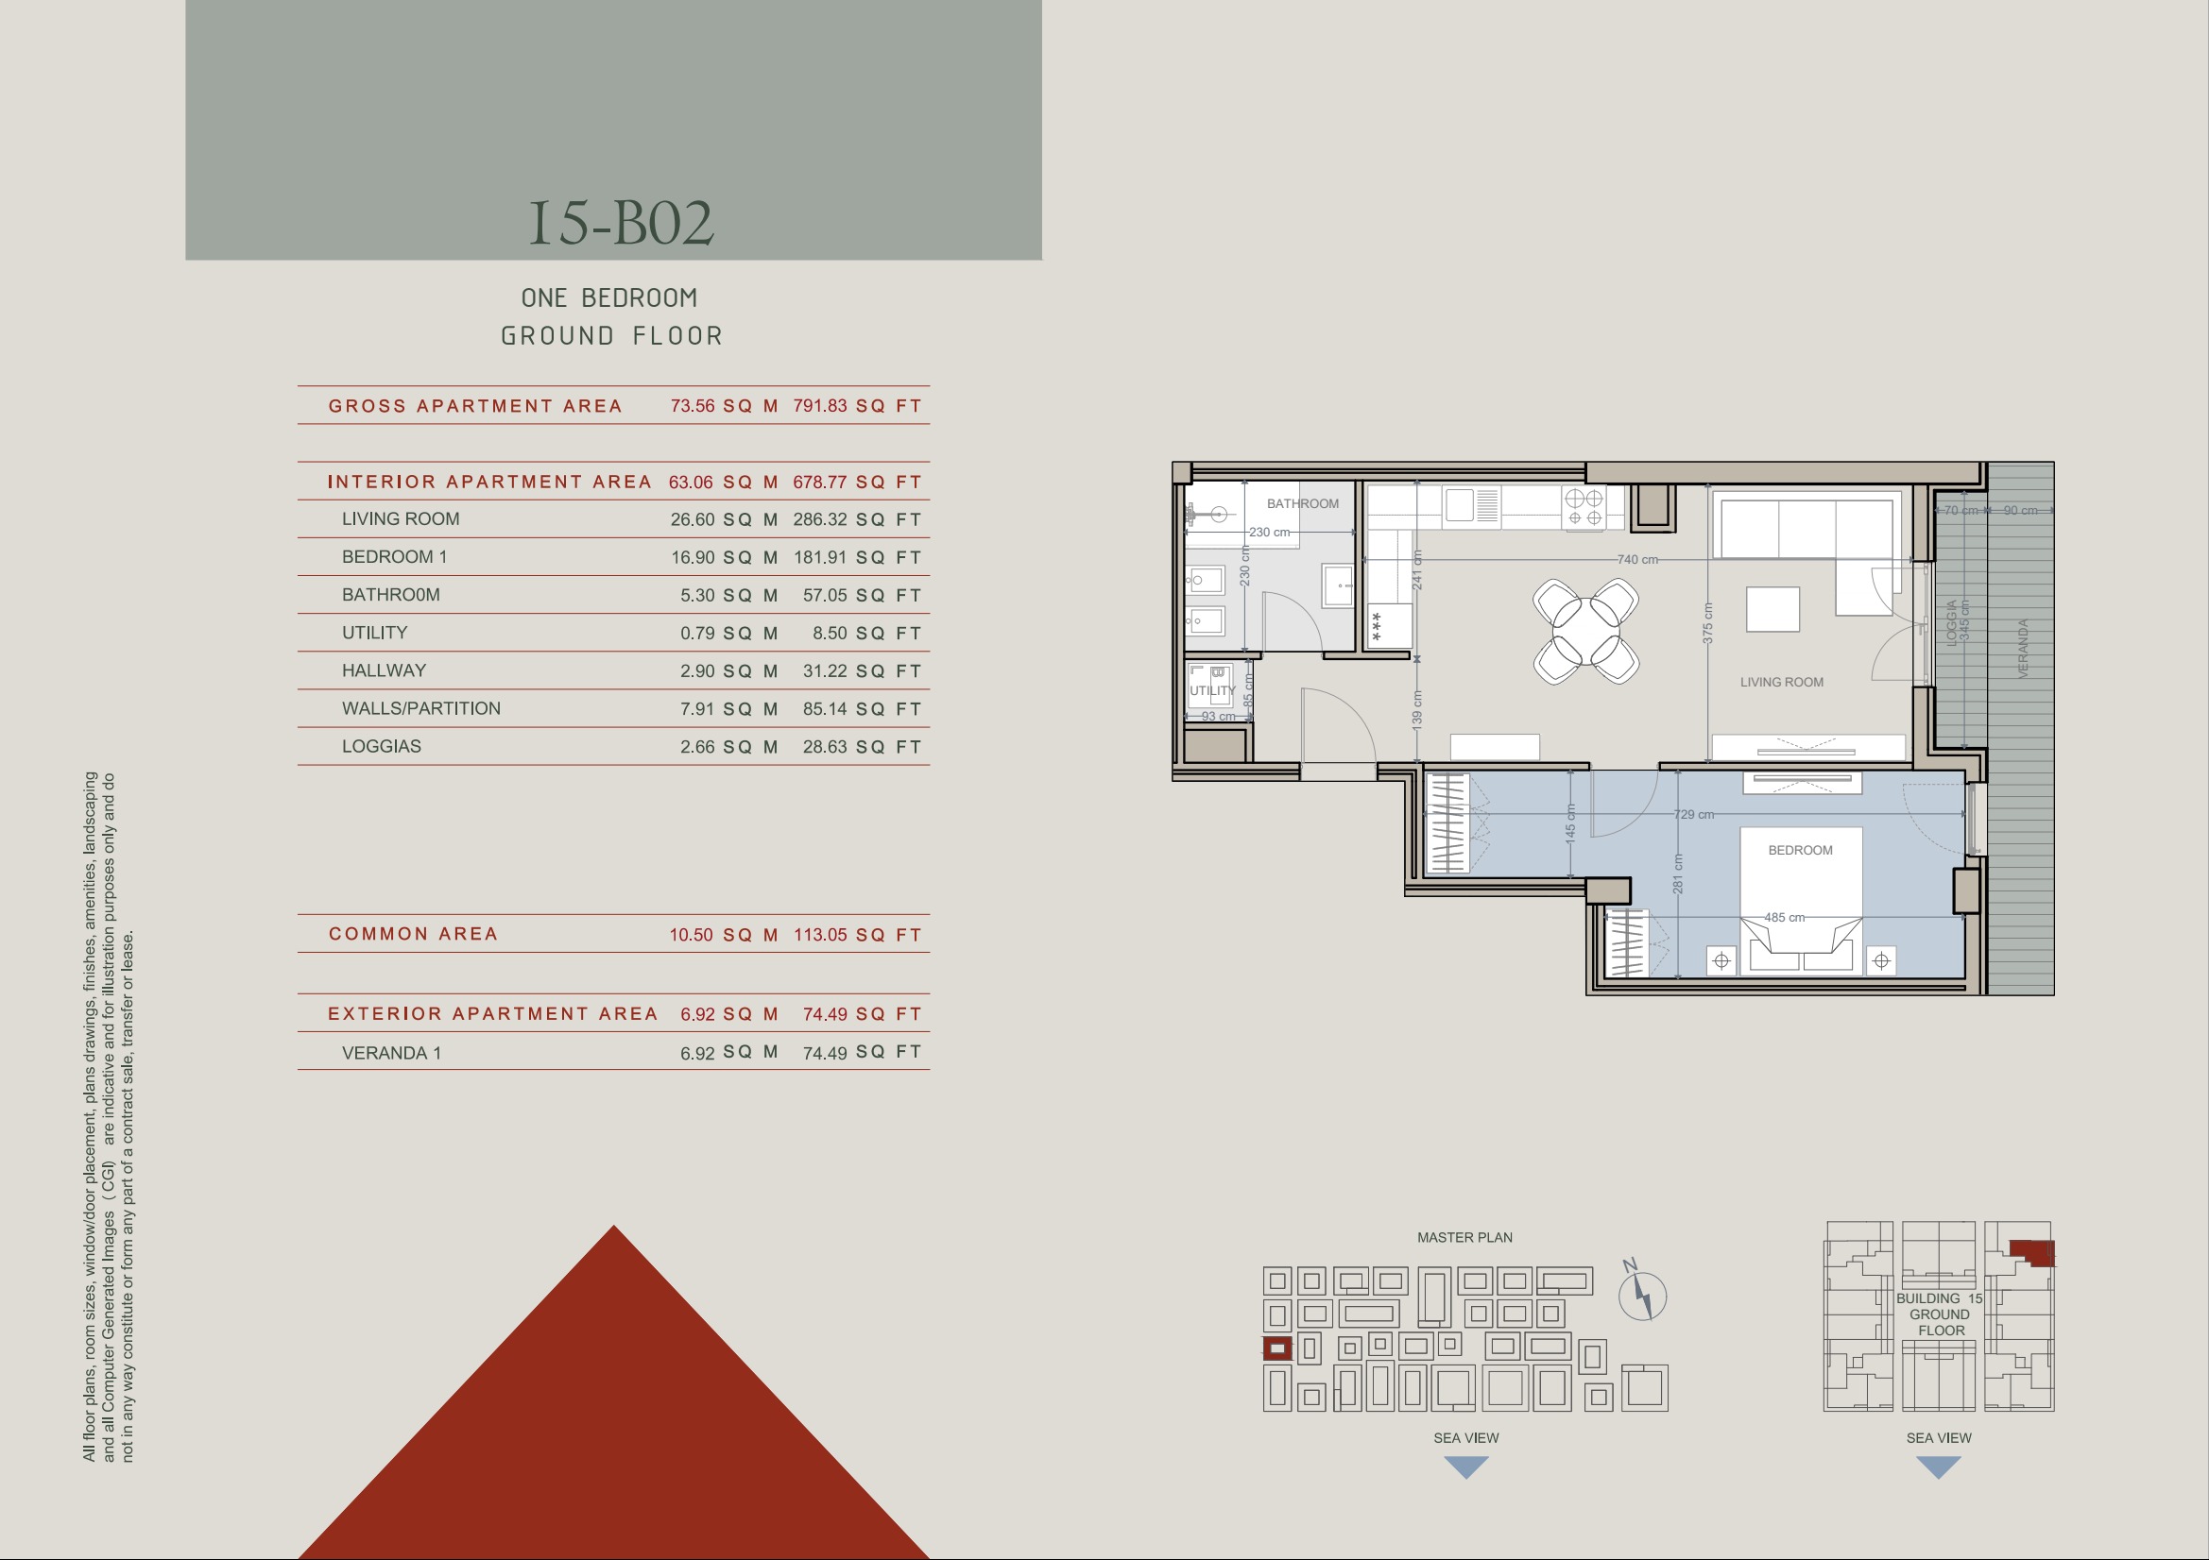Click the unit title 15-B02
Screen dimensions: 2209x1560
tap(622, 222)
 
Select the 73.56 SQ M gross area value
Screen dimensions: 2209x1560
tap(724, 406)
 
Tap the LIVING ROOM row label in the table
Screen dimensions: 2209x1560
tap(401, 518)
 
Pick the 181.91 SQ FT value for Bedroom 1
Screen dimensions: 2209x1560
tap(857, 557)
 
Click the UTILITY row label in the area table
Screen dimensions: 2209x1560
tap(374, 632)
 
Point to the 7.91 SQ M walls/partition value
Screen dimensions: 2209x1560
tap(728, 709)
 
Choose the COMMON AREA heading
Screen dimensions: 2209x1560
tap(413, 934)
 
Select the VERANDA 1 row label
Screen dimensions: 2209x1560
tap(391, 1052)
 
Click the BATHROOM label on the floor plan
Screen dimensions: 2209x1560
tap(1303, 503)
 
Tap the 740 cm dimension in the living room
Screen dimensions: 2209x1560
tap(1637, 559)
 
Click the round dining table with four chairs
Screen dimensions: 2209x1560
tap(1586, 631)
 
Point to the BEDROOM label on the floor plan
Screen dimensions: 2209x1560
tap(1800, 850)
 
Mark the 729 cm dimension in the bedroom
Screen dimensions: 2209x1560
tap(1693, 815)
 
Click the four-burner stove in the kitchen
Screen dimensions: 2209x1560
tap(1584, 508)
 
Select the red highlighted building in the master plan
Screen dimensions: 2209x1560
tap(1276, 1348)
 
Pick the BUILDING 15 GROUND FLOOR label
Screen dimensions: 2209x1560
tap(1939, 1314)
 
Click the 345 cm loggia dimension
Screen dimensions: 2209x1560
tap(1963, 620)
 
